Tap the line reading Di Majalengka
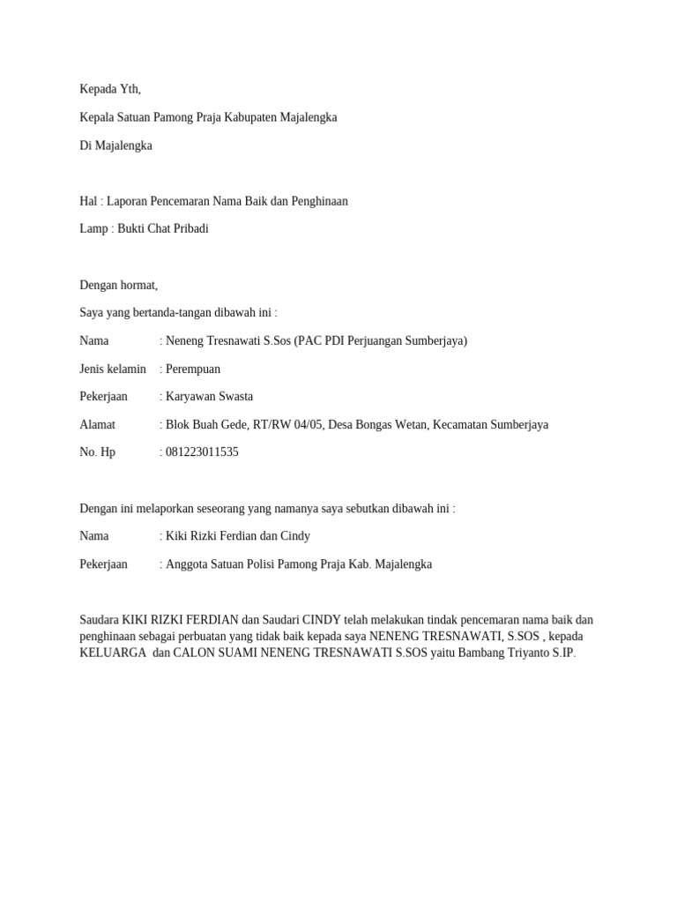click(x=115, y=146)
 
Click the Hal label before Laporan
click(x=88, y=201)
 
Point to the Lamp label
click(x=93, y=228)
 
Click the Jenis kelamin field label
click(x=113, y=369)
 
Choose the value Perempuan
click(x=193, y=369)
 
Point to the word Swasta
click(x=234, y=397)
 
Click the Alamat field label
click(x=98, y=425)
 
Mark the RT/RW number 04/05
click(x=305, y=425)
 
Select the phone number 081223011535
click(x=202, y=452)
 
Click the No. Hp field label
click(x=97, y=452)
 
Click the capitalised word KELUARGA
click(x=113, y=653)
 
